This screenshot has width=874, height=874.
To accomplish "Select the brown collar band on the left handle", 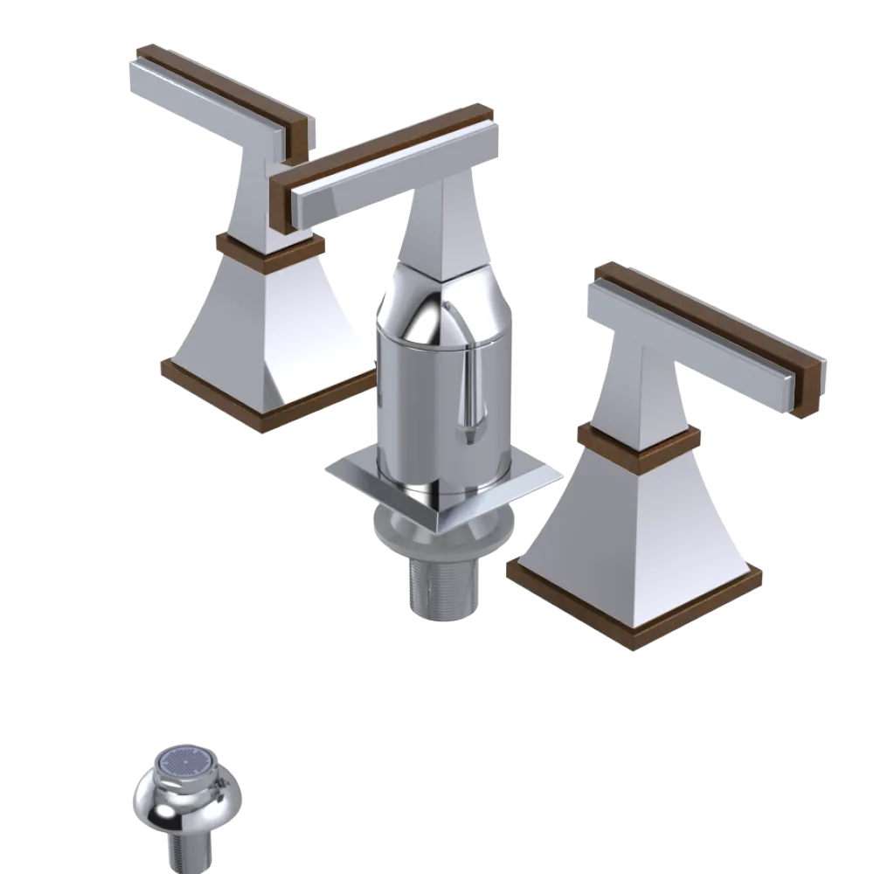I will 268,247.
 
